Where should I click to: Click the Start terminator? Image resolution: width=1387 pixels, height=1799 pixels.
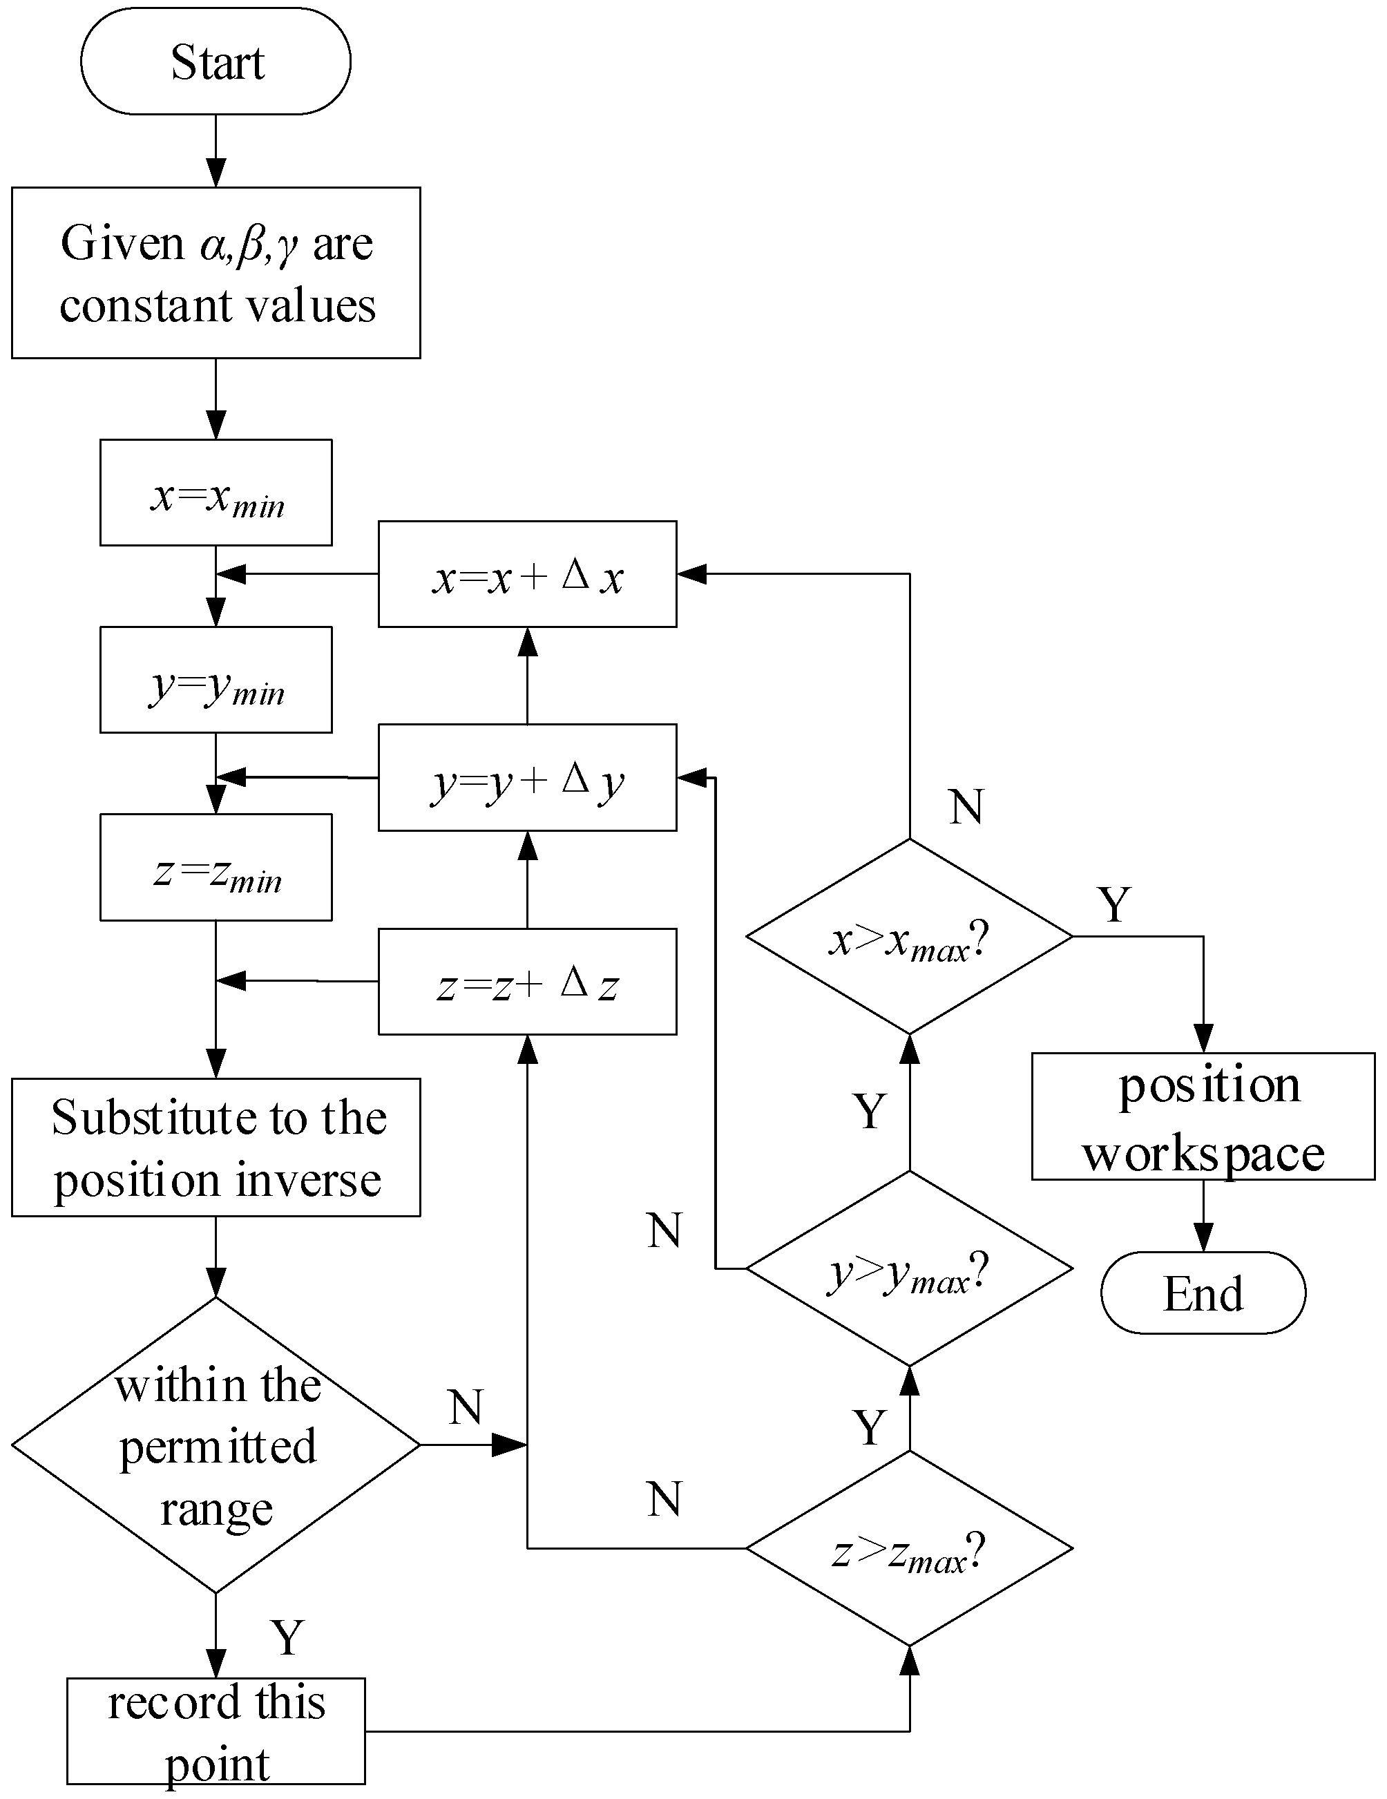[x=216, y=61]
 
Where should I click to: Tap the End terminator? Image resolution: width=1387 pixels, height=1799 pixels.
[x=1203, y=1294]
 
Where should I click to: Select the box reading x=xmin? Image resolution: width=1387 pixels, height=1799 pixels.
[x=216, y=493]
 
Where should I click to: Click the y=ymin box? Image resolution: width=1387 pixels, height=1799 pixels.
[x=216, y=680]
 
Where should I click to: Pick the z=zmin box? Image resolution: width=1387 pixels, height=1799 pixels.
[x=216, y=868]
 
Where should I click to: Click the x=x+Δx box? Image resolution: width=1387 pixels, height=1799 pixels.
[x=527, y=575]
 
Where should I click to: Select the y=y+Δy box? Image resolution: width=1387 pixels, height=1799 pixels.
[x=527, y=778]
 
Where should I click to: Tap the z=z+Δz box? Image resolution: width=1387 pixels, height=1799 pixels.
[x=527, y=982]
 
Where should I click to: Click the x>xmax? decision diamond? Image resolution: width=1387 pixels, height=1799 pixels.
[x=909, y=937]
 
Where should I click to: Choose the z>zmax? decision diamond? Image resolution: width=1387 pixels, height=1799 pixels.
[x=909, y=1550]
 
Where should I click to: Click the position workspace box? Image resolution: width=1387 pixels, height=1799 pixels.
[x=1203, y=1117]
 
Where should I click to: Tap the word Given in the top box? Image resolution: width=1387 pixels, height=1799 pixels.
[x=122, y=244]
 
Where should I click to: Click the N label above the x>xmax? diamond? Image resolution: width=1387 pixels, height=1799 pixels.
[x=965, y=807]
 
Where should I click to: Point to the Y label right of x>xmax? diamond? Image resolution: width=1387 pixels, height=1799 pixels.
[x=1113, y=905]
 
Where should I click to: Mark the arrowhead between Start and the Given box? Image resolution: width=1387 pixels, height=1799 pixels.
[x=216, y=173]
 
